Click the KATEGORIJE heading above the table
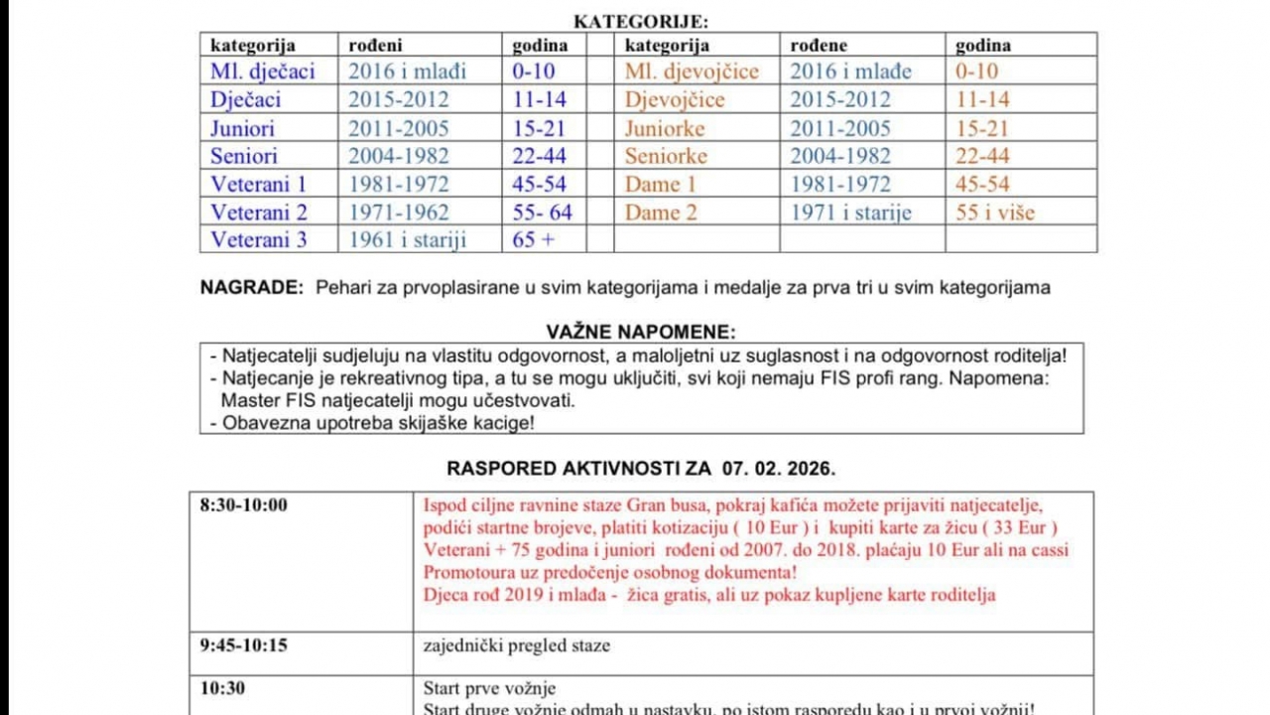point(641,22)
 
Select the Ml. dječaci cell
point(263,71)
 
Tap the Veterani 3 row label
point(259,239)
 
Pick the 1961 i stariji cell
point(407,239)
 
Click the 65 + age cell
point(534,239)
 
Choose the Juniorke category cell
point(665,128)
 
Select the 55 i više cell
point(995,212)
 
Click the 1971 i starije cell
point(850,212)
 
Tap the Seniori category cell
point(244,156)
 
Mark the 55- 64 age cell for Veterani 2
point(543,212)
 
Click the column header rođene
point(820,46)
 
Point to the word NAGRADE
point(251,288)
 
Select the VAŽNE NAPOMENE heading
point(641,332)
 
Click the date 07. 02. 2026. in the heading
point(779,468)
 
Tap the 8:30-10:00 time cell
point(243,504)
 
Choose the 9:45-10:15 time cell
point(243,645)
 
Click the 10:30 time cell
point(222,688)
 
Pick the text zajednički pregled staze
point(517,645)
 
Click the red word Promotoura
point(472,572)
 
